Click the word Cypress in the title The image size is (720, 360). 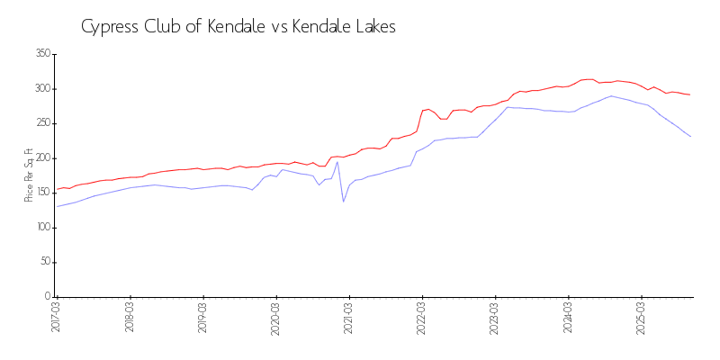pos(111,27)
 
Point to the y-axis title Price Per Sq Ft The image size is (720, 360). pos(29,175)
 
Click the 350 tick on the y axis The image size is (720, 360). pos(42,54)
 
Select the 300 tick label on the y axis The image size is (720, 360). pos(42,89)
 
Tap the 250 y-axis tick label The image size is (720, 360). pos(42,123)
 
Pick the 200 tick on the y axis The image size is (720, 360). pos(42,158)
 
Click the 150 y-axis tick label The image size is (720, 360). pos(42,193)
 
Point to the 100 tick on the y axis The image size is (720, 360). pos(42,228)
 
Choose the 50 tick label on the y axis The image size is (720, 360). pos(45,262)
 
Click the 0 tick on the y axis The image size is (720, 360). pos(48,296)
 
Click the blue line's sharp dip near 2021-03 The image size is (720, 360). pos(343,201)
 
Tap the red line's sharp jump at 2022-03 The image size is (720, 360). pos(421,112)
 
